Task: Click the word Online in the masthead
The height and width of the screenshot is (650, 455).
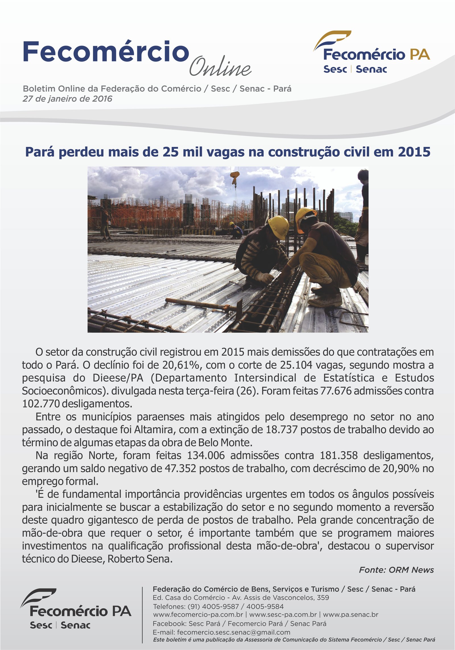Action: point(220,67)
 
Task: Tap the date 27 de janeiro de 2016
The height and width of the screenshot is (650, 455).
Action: point(67,99)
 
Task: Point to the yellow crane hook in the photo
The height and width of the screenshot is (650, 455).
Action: point(235,177)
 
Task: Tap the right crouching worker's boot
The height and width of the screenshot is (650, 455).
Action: point(326,300)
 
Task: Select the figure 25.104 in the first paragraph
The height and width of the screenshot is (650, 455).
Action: point(296,365)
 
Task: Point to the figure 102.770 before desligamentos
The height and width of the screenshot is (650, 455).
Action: point(41,404)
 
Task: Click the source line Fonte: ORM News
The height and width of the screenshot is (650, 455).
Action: point(396,570)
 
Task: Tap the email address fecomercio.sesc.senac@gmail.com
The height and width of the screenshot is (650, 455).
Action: point(233,632)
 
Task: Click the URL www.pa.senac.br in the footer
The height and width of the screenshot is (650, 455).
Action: point(350,614)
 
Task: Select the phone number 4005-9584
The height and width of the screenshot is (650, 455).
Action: point(265,606)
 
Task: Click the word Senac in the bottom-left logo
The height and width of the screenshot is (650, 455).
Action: point(75,625)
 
